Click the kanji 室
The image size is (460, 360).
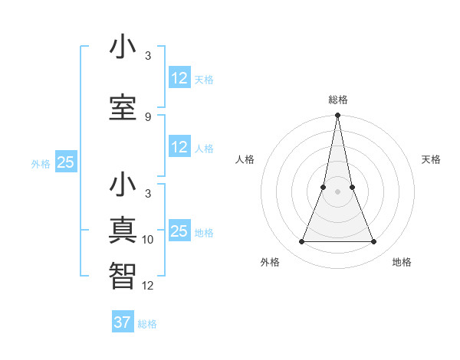123,106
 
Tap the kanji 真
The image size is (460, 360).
123,231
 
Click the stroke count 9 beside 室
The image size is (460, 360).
147,116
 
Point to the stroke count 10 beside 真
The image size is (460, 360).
148,240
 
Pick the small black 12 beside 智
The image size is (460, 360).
148,286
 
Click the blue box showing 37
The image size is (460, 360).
122,322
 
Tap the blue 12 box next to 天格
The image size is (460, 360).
179,78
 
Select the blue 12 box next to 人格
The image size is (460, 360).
179,147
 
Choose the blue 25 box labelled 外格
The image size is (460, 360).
65,162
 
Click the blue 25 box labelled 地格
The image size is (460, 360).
179,231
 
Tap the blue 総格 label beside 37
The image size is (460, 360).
147,324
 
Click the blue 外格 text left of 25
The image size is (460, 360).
41,163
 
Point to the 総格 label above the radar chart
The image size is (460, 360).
337,100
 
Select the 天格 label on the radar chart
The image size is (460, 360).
431,159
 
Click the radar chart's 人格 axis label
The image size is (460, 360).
245,159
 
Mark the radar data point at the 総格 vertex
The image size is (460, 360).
337,116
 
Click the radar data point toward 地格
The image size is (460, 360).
374,242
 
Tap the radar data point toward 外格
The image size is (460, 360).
301,242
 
